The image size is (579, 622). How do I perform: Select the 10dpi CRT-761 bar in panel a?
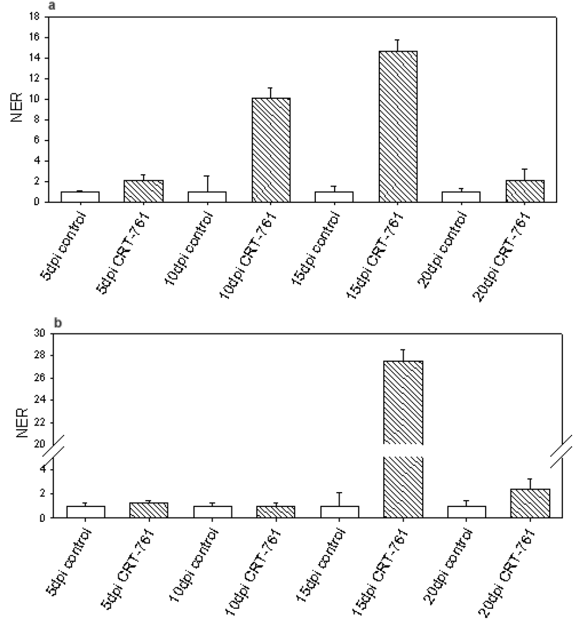(271, 150)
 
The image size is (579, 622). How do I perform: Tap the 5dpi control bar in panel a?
(80, 197)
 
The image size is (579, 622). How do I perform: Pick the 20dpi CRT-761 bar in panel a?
(525, 191)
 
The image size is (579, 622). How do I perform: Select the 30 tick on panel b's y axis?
(40, 333)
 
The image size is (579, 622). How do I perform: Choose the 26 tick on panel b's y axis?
(40, 378)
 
